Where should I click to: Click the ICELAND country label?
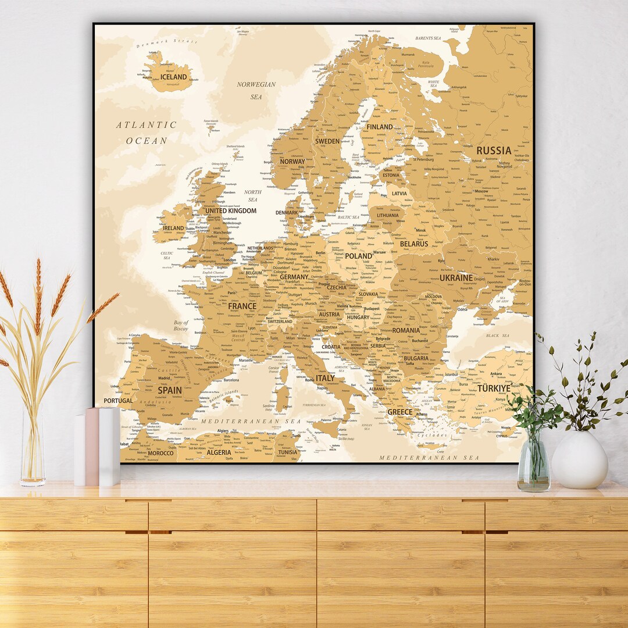174,77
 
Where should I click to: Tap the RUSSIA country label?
494,151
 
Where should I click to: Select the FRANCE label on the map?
242,306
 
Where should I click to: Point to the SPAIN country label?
170,390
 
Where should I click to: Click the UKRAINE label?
456,278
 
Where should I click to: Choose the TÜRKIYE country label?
494,388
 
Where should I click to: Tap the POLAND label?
358,256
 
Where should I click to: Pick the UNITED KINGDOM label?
230,211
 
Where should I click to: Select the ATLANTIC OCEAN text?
146,133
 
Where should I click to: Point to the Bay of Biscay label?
181,326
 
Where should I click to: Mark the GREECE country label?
399,412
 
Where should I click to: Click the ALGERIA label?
219,452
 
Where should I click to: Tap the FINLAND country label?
380,127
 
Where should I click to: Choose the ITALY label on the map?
325,378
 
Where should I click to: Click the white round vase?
579,460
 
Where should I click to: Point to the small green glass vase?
533,465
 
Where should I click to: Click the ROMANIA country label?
405,330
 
